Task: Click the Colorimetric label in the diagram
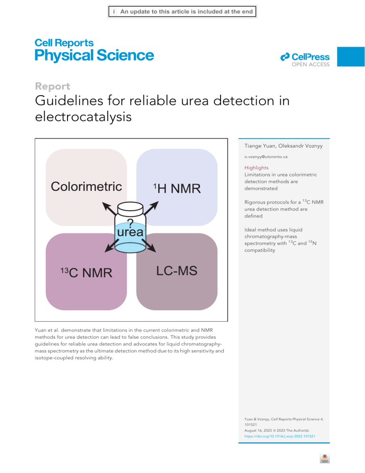coord(86,187)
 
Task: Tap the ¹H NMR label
coord(177,188)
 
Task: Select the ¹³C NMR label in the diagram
coord(86,273)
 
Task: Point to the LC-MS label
coord(177,271)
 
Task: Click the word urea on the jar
coord(130,232)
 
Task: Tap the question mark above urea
coord(130,223)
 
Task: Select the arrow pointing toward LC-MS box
coord(149,246)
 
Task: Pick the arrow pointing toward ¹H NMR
coord(151,208)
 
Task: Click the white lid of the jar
coord(130,208)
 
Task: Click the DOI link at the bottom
coord(280,436)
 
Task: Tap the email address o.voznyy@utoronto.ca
coord(266,157)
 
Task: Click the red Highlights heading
coord(256,168)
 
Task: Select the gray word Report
coord(52,86)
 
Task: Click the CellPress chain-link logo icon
coord(285,57)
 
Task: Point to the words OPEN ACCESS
coord(310,64)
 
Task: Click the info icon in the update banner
coord(114,12)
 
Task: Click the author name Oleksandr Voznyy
coord(300,146)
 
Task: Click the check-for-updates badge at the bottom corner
coord(325,459)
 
